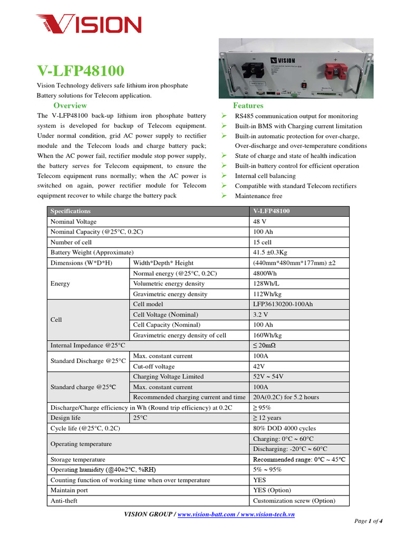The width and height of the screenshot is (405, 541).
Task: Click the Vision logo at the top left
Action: pos(88,24)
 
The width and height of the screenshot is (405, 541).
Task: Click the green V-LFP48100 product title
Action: pos(81,70)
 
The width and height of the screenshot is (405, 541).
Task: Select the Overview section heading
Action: pos(70,106)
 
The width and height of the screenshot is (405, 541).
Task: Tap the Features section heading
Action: pos(248,106)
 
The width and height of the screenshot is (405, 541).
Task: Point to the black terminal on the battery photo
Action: pos(253,70)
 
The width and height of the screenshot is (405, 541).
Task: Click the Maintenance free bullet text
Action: pos(259,196)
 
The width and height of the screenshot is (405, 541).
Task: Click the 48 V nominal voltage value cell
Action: pos(259,222)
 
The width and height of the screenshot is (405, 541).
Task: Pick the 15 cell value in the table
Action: pos(262,242)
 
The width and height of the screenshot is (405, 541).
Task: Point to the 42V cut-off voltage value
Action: pos(259,366)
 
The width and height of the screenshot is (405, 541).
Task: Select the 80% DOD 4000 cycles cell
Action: pos(284,428)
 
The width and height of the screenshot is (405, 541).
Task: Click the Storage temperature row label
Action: pos(78,460)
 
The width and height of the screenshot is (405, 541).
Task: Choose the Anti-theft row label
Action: pos(64,501)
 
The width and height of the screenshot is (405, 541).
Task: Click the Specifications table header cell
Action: pos(70,211)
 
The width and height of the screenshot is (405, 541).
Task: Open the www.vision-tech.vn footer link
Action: pos(267,514)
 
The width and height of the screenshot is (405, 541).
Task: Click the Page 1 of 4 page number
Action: pos(368,521)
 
